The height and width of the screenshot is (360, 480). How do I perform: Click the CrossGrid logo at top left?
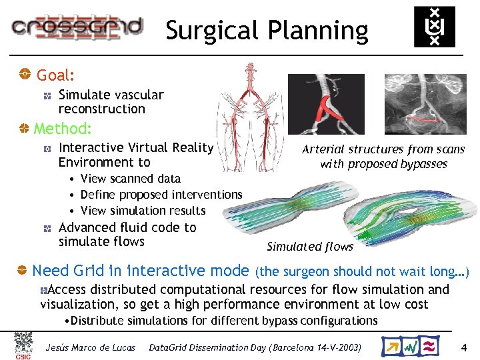pos(76,27)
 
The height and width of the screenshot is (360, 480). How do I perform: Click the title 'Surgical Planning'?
pos(267,31)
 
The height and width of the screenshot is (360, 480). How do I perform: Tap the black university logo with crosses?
pos(435,27)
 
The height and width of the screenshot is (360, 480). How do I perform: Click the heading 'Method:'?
pos(62,128)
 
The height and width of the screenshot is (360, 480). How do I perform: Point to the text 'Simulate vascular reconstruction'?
pos(111,102)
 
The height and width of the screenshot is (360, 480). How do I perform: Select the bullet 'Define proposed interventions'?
pos(161,194)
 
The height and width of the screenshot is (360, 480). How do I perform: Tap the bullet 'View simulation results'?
pos(143,211)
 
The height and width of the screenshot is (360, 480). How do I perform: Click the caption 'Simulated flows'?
pos(310,247)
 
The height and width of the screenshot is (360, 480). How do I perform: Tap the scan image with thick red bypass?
pos(326,104)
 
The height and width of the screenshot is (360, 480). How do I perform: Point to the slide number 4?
pos(464,347)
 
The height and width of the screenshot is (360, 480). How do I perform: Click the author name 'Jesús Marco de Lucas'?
pos(91,347)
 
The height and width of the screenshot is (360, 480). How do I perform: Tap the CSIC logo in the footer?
pos(23,345)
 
